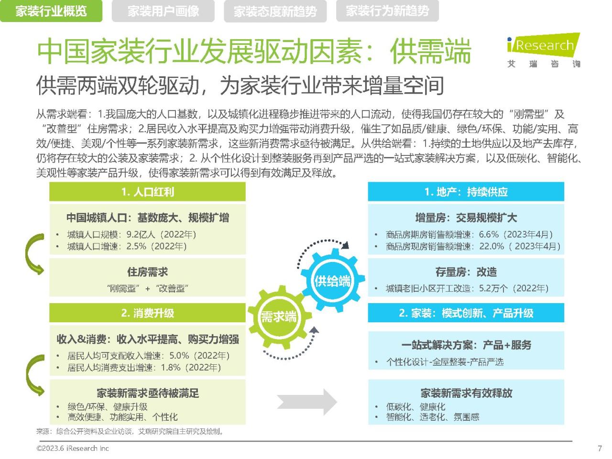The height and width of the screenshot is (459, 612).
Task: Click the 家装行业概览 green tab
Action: tap(51, 11)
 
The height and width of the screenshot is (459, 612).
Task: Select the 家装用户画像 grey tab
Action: tap(163, 11)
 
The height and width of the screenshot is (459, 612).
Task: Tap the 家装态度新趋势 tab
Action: tap(275, 11)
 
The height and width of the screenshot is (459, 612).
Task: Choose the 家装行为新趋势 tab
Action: tap(387, 11)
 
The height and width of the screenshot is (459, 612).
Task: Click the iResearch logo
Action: tap(544, 50)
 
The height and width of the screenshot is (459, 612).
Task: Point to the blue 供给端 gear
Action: tap(332, 280)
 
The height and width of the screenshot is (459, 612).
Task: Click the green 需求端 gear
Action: tap(279, 317)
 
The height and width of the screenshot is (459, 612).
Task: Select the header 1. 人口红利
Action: tap(147, 192)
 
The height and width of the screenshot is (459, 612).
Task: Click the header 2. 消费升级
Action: tap(147, 313)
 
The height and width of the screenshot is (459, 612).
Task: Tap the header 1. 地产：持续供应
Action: tap(466, 192)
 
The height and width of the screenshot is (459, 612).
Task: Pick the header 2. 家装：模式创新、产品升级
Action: tap(466, 313)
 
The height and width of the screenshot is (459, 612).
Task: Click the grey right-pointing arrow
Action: tap(307, 402)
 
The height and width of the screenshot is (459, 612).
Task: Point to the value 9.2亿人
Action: tap(141, 234)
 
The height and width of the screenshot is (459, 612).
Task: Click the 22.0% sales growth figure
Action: tap(492, 246)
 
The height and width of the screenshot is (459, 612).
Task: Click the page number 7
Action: tap(600, 448)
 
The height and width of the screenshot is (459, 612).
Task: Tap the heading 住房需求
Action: tap(147, 272)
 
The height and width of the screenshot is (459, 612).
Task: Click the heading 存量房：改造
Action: tap(466, 272)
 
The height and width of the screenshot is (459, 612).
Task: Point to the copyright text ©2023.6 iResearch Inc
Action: tap(73, 448)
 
